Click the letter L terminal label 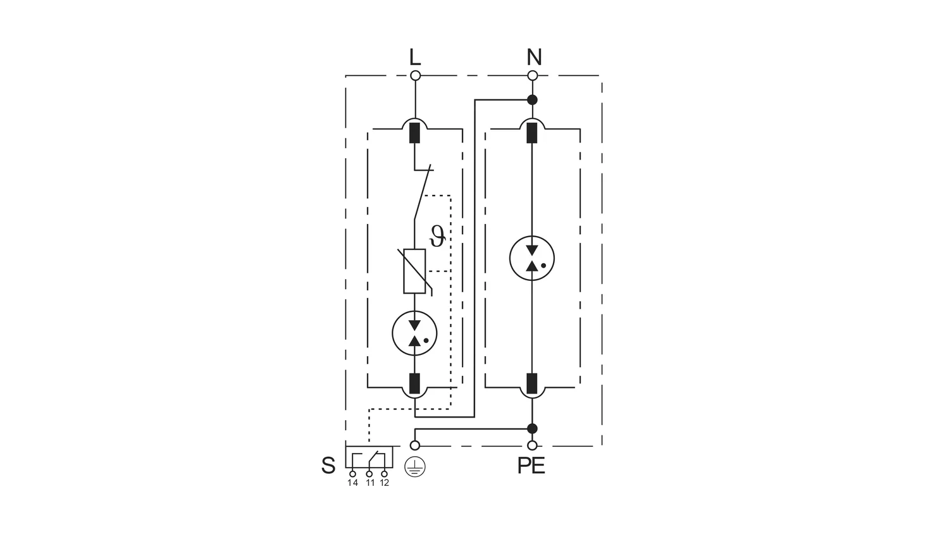click(x=415, y=58)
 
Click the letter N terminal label click(x=534, y=58)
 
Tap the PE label click(x=531, y=466)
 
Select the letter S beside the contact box click(x=328, y=466)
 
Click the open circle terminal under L click(x=416, y=76)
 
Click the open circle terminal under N click(x=533, y=76)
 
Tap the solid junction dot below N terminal click(x=533, y=100)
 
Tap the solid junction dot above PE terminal click(x=533, y=428)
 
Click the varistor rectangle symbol click(x=414, y=271)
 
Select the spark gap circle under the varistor click(x=414, y=333)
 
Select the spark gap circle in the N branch click(x=532, y=258)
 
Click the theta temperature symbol click(x=437, y=237)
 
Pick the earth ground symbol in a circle click(x=415, y=467)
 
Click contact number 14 click(x=352, y=483)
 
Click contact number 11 click(x=370, y=483)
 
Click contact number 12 click(x=384, y=483)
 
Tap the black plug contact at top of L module click(x=415, y=133)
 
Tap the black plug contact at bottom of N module click(x=532, y=383)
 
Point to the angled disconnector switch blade click(x=423, y=194)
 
